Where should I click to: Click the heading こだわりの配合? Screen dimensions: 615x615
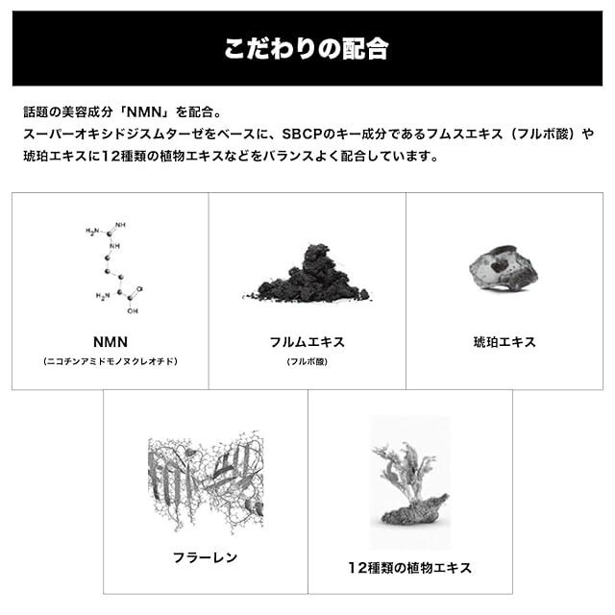pos(307,49)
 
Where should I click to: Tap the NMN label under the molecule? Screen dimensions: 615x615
pos(111,342)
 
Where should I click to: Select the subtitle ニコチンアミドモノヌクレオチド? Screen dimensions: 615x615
pos(111,361)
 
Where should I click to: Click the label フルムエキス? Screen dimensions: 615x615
pos(307,342)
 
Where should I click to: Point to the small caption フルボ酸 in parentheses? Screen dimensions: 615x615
pos(307,361)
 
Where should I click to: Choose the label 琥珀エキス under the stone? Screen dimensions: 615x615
pos(504,342)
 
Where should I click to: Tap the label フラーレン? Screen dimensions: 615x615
pos(205,557)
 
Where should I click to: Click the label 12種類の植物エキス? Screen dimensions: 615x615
pos(410,568)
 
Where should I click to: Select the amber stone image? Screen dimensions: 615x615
pos(504,269)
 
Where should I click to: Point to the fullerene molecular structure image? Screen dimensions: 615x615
pos(206,481)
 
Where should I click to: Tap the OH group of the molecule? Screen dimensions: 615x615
pos(133,311)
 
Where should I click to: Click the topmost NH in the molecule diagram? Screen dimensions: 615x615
pos(120,225)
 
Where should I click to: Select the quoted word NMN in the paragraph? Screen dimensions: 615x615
pos(145,112)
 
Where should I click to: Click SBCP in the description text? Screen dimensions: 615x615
pos(303,135)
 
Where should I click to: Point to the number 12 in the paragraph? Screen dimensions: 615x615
pos(111,157)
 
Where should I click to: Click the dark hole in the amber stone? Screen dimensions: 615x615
pos(499,266)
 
